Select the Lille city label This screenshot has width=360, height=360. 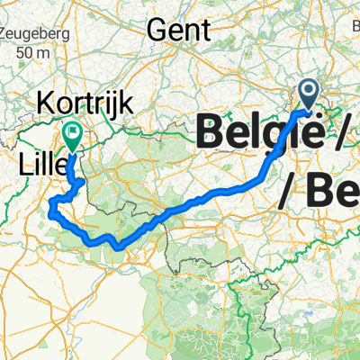40,164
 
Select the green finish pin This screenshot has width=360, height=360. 71,136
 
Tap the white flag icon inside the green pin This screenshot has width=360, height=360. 71,133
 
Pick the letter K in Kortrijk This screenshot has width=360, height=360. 44,103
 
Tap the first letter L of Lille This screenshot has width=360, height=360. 23,164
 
